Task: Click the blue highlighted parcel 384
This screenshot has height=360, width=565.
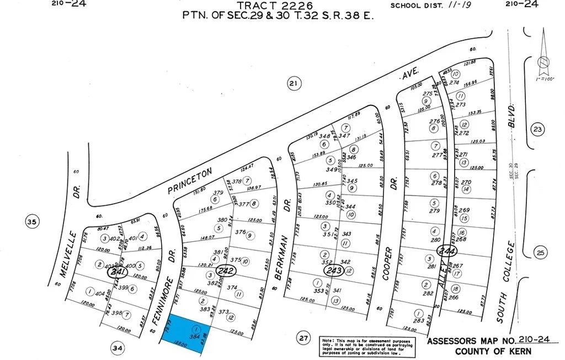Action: click(187, 330)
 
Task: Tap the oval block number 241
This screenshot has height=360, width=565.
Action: click(116, 272)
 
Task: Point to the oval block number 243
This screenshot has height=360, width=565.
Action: click(334, 271)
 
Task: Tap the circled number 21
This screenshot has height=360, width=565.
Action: click(293, 84)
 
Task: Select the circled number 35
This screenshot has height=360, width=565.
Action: click(31, 223)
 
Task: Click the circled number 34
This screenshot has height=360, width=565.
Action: click(117, 348)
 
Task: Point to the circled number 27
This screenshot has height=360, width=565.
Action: click(302, 338)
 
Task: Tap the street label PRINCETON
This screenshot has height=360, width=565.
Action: click(189, 182)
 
